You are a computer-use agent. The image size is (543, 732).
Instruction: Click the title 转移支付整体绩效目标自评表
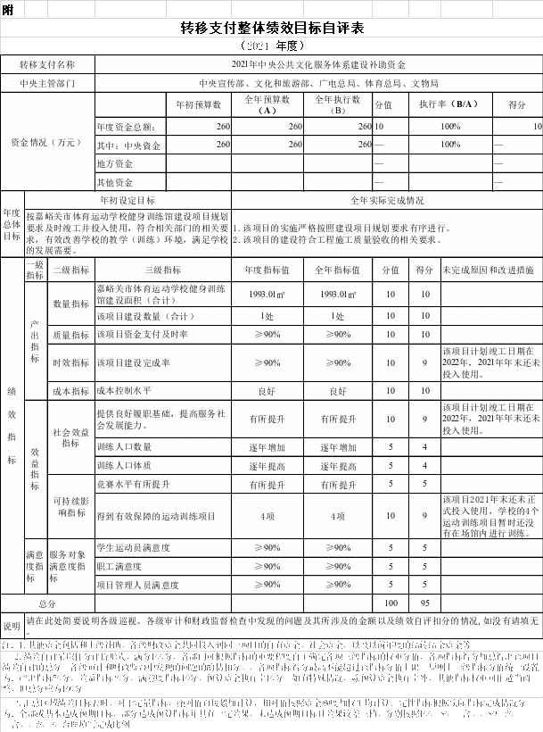272,29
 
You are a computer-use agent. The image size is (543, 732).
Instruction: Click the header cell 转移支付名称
47,65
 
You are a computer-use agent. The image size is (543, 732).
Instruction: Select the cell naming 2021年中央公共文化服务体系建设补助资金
318,65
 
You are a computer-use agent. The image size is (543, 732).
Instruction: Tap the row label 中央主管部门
47,84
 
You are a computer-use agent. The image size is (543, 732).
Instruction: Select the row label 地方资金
115,163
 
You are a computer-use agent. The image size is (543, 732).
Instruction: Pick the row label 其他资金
115,182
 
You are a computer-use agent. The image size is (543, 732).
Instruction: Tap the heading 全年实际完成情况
387,201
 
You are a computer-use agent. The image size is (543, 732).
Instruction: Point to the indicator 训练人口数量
124,447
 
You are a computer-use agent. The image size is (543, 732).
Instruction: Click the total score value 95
425,603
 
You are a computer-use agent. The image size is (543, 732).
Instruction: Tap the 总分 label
47,603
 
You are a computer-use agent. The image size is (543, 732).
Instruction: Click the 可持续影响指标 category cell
70,507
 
